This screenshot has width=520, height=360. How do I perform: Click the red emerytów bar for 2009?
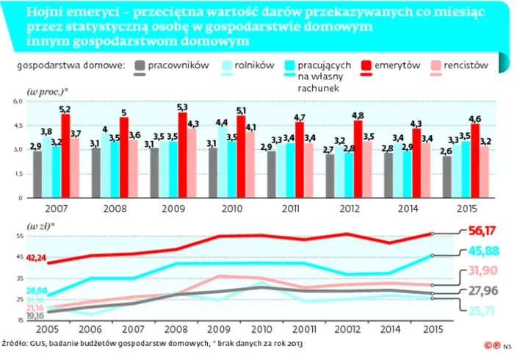182,155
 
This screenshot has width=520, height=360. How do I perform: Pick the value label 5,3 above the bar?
182,107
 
